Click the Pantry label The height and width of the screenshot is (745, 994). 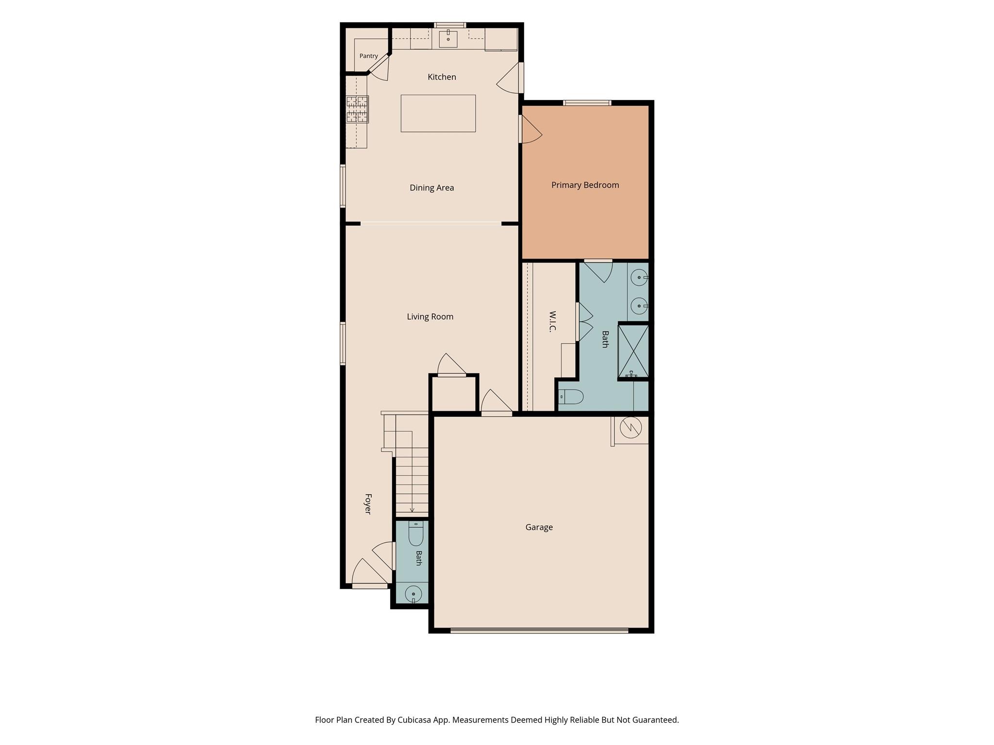(x=368, y=56)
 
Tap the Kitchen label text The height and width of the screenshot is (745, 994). (x=442, y=77)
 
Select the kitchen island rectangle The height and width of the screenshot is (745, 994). (x=438, y=113)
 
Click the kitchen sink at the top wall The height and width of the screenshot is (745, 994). (x=448, y=39)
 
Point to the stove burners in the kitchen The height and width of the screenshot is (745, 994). (x=357, y=109)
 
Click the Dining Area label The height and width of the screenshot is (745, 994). (x=432, y=188)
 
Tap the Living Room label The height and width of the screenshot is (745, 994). (x=430, y=317)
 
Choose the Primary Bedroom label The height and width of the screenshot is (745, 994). (x=585, y=185)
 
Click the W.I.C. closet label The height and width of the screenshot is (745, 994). (x=552, y=322)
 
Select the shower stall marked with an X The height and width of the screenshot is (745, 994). (x=633, y=351)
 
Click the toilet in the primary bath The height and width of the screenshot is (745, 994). (x=571, y=397)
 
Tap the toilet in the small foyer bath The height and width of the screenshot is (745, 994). (x=416, y=534)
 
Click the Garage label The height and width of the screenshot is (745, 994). (x=539, y=527)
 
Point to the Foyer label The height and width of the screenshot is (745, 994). (x=368, y=504)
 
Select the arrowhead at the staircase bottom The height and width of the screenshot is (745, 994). (x=412, y=510)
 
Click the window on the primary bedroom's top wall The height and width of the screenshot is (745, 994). (x=587, y=103)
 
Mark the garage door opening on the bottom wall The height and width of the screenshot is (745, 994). (x=540, y=631)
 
